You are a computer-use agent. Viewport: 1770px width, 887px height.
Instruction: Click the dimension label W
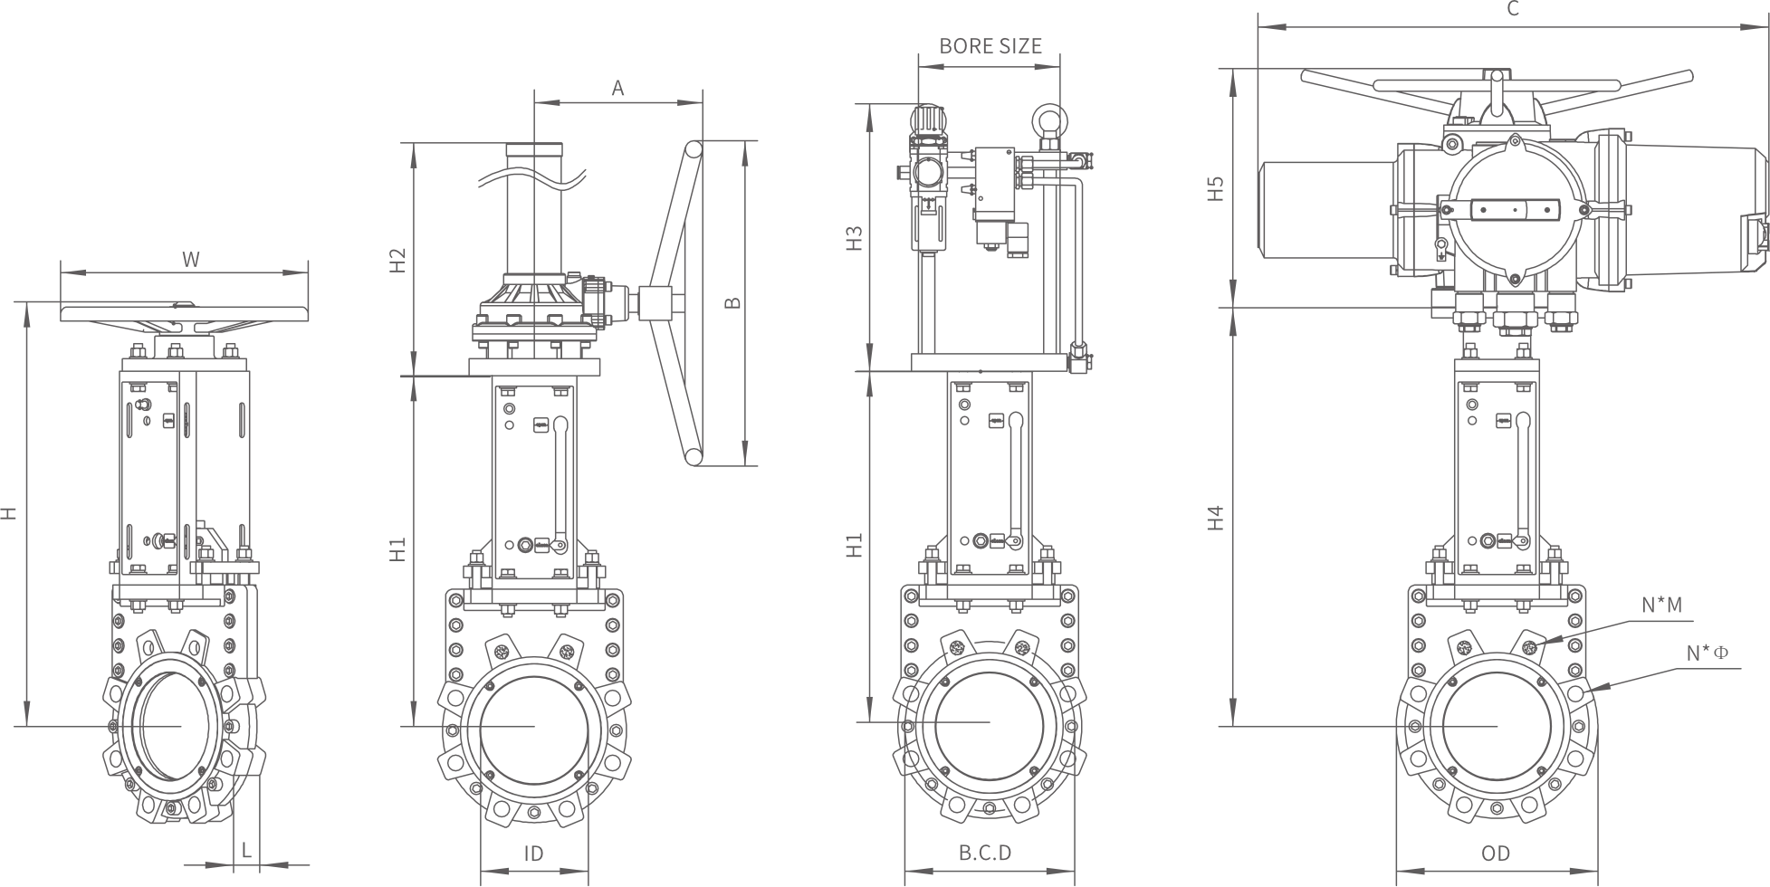[190, 260]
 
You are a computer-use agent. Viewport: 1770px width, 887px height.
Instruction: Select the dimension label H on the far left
[9, 513]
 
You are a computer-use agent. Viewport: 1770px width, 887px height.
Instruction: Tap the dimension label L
[245, 849]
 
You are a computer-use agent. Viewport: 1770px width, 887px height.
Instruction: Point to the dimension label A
[618, 88]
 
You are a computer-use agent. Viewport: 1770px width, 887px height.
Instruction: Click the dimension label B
[733, 302]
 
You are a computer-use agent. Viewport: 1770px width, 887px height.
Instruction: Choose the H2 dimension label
[398, 261]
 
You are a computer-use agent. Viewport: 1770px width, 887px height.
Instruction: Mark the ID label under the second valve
[533, 854]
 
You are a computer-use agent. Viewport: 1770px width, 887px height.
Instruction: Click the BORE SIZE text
[990, 45]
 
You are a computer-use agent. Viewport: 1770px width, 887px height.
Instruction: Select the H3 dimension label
[854, 238]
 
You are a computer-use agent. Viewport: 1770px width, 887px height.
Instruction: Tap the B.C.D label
[985, 853]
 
